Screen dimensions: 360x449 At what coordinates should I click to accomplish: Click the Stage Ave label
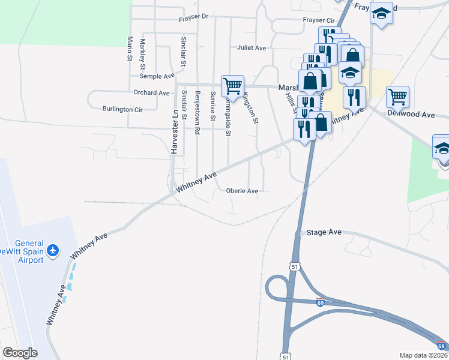tap(324, 232)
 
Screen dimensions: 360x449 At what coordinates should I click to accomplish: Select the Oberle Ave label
tap(242, 191)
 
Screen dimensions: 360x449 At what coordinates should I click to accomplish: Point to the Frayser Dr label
tap(193, 17)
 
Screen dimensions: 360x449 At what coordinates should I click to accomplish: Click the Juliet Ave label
tap(252, 48)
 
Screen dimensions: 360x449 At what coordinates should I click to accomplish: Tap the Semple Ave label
tap(157, 76)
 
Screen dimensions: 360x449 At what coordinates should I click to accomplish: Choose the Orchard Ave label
tap(152, 93)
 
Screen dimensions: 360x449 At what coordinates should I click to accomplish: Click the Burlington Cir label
tap(122, 110)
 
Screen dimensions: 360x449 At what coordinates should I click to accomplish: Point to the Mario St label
tap(129, 48)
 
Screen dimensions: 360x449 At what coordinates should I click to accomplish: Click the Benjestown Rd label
tap(197, 107)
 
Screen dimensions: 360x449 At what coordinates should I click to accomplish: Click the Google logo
tap(20, 353)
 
